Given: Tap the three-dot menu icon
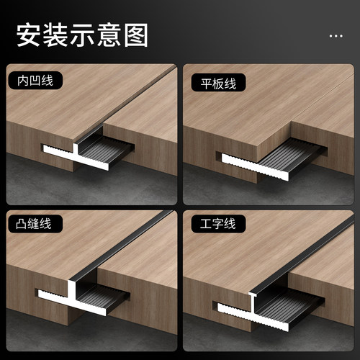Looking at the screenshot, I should [336, 35].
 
